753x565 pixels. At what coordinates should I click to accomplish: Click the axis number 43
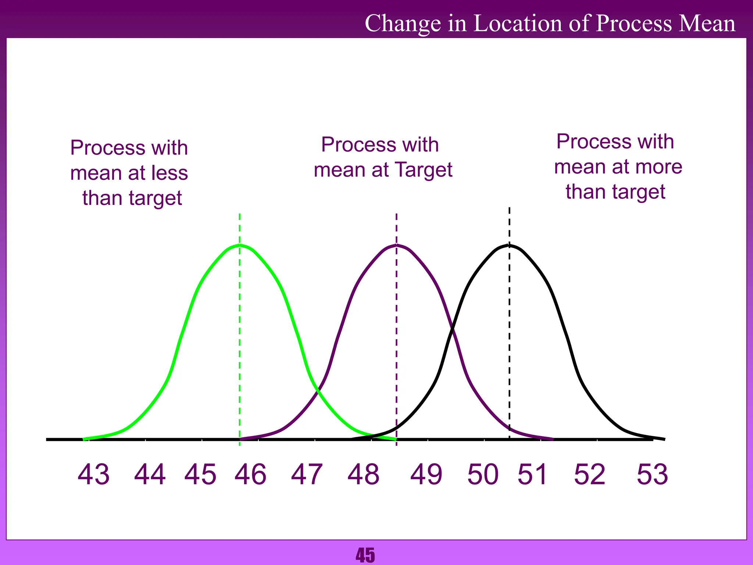pyautogui.click(x=93, y=475)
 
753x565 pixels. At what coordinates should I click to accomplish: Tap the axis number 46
pyautogui.click(x=250, y=475)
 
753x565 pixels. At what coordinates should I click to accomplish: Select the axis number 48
pyautogui.click(x=363, y=475)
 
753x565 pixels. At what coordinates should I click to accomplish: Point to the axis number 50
pyautogui.click(x=483, y=475)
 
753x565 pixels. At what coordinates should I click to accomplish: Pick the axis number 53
pyautogui.click(x=652, y=475)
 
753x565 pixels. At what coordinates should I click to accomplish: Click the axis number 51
pyautogui.click(x=533, y=475)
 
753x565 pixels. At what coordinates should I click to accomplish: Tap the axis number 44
pyautogui.click(x=150, y=475)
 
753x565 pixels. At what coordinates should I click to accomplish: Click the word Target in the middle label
pyautogui.click(x=424, y=170)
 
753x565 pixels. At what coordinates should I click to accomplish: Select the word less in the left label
pyautogui.click(x=170, y=173)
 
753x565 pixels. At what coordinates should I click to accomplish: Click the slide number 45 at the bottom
pyautogui.click(x=365, y=555)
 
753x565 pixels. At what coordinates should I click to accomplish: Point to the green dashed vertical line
pyautogui.click(x=240, y=331)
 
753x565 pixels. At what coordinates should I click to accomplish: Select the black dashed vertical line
pyautogui.click(x=509, y=331)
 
